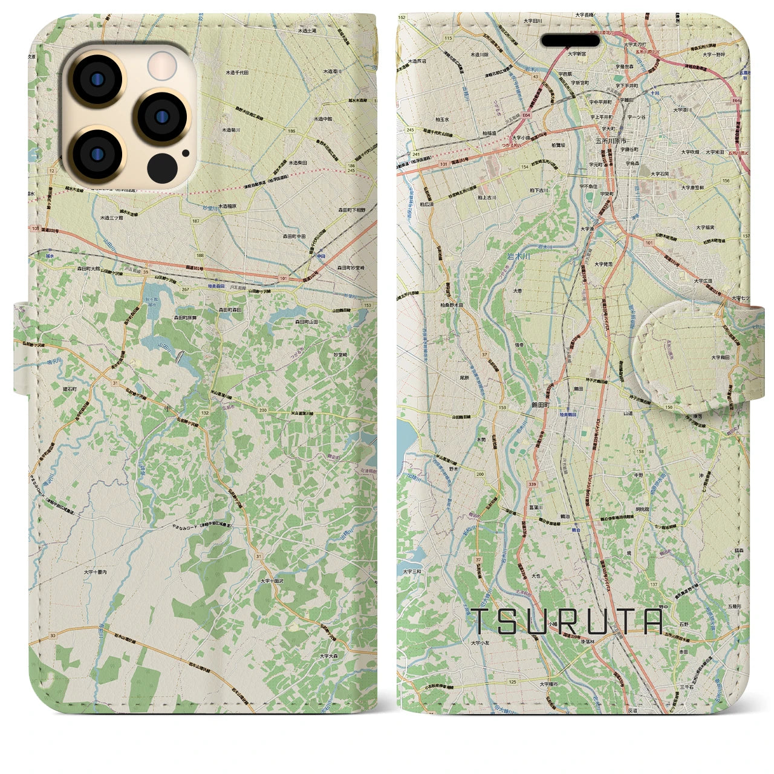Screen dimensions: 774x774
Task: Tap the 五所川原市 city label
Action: coord(607,140)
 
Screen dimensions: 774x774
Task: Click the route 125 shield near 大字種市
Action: coord(513,681)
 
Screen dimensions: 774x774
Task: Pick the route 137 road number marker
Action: coord(653,584)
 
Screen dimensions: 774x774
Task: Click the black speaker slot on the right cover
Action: coord(570,40)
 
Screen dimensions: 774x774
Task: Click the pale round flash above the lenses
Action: coord(162,65)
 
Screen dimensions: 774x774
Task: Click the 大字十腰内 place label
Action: coord(96,571)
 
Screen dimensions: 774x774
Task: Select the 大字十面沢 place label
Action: coord(272,580)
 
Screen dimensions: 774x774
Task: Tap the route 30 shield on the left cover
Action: coord(53,635)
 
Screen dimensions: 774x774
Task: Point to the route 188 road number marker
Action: coord(201,256)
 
